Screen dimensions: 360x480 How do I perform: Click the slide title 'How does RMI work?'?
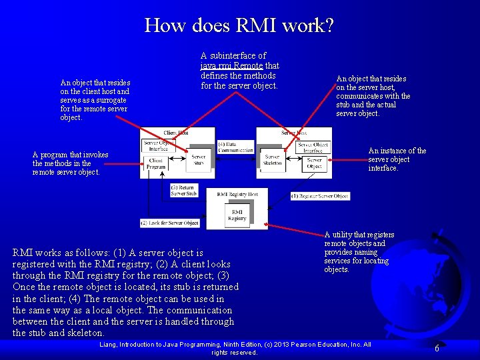click(x=239, y=26)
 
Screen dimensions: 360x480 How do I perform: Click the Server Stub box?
click(x=199, y=160)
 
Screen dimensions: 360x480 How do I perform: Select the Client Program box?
click(x=156, y=164)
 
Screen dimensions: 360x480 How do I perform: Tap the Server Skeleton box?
click(x=272, y=160)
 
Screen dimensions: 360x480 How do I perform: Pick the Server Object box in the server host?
click(x=315, y=163)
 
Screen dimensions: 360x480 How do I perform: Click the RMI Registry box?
click(x=237, y=214)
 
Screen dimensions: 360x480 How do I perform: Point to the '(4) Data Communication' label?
click(x=235, y=147)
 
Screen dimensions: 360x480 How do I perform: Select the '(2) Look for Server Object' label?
click(x=169, y=222)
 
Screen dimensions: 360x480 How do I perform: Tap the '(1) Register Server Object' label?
click(x=320, y=196)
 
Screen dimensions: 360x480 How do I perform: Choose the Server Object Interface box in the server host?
click(x=313, y=147)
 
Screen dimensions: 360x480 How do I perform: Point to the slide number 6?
click(x=437, y=348)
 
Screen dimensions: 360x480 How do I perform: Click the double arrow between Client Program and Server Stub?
click(x=177, y=161)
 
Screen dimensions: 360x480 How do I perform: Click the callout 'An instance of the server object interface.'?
click(x=397, y=159)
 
